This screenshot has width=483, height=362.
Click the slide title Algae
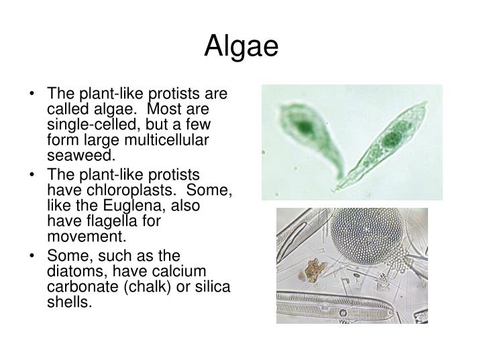241,46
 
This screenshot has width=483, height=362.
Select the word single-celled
95,124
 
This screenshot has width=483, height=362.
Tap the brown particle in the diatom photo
313,270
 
